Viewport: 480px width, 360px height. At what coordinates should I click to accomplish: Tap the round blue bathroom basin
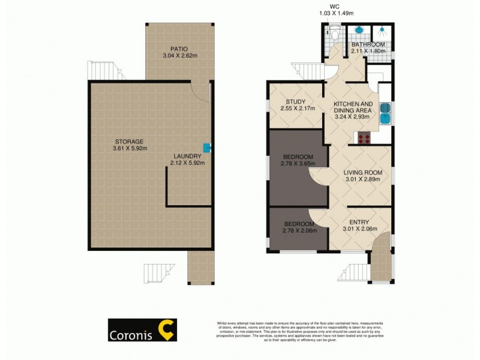click(359, 29)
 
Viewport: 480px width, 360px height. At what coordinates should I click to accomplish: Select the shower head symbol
click(381, 29)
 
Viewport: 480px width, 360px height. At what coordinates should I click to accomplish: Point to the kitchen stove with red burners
click(364, 138)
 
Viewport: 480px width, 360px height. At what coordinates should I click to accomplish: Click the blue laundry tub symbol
click(207, 146)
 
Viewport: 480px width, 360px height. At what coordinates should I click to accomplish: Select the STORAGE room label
click(130, 141)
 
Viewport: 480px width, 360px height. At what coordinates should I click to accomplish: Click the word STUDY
click(296, 101)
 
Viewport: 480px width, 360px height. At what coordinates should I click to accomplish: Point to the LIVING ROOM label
click(363, 172)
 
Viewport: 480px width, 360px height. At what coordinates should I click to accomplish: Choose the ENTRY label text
click(359, 221)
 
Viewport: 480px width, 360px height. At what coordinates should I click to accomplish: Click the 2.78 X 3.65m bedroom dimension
click(299, 167)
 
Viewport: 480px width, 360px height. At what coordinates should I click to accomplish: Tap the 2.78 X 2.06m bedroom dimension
click(298, 230)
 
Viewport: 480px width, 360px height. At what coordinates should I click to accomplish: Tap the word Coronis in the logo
click(131, 336)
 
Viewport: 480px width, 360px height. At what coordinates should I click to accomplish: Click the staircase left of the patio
click(98, 70)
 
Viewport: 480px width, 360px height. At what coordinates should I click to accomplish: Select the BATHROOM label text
click(368, 44)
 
